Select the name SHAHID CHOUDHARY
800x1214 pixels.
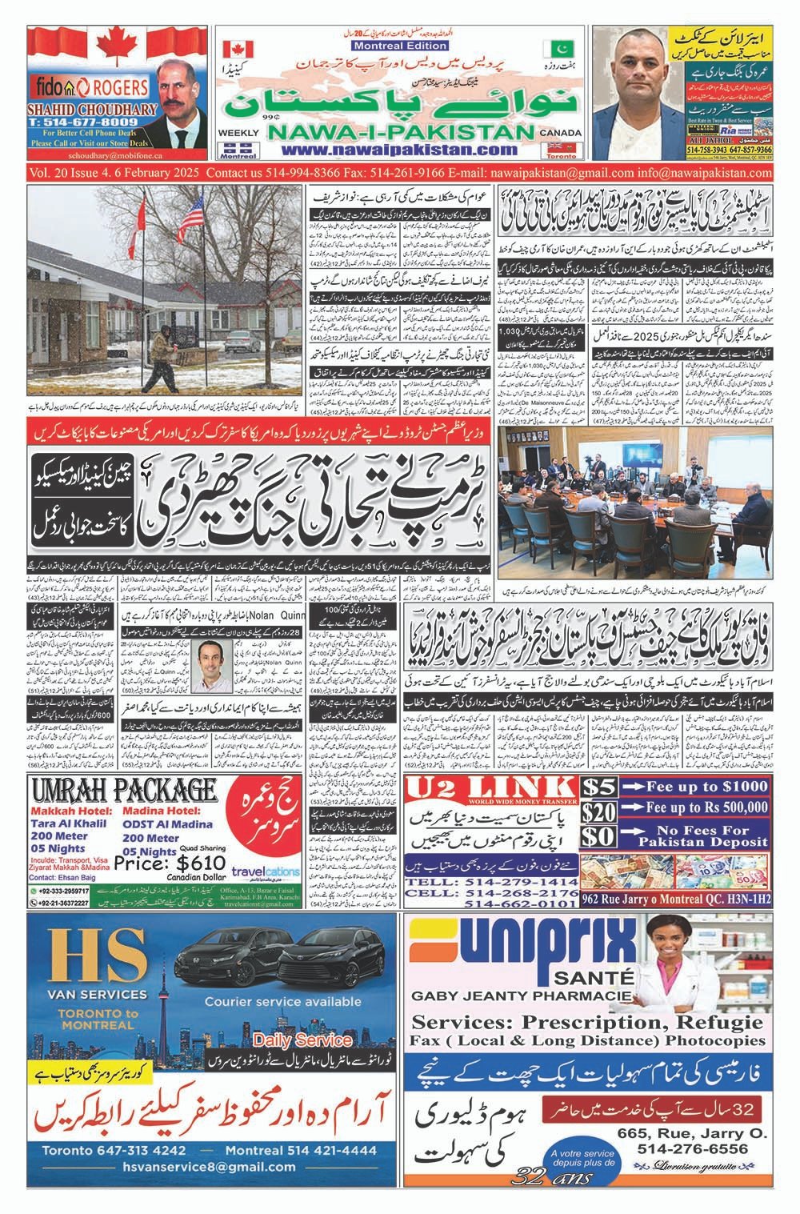coord(78,110)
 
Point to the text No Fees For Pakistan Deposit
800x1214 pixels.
coord(692,837)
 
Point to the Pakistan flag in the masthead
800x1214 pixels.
coord(554,50)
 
